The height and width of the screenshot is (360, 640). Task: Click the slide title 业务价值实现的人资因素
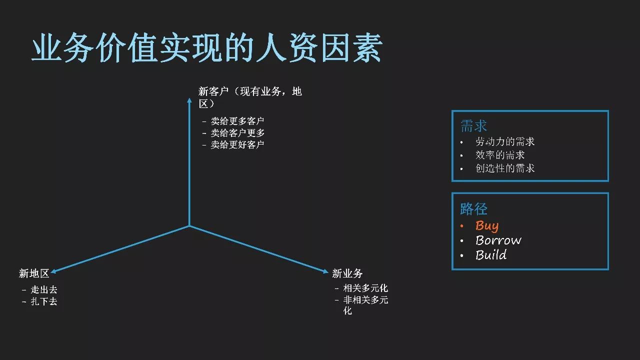click(207, 49)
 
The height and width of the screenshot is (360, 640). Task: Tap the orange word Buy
click(487, 226)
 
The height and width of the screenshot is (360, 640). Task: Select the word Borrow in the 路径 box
click(498, 240)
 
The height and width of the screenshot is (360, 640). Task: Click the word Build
click(491, 255)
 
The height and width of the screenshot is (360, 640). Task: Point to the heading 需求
click(473, 126)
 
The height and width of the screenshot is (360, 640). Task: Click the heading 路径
click(473, 209)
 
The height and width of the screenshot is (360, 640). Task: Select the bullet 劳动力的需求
click(505, 142)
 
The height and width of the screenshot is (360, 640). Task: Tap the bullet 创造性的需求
click(505, 168)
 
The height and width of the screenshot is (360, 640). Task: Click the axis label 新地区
click(34, 273)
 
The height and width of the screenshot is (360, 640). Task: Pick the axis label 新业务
click(347, 273)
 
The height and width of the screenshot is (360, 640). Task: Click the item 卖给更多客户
click(237, 121)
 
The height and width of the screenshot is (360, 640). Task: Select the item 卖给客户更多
click(237, 133)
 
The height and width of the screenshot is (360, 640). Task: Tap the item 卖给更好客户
click(237, 145)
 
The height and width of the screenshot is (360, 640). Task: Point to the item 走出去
click(44, 290)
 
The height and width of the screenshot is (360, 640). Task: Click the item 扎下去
click(44, 302)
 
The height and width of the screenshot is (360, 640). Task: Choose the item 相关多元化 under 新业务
click(365, 288)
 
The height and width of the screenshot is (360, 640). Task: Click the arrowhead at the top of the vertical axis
click(189, 100)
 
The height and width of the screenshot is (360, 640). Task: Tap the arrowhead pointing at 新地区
click(53, 271)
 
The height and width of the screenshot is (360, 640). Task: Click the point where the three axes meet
click(189, 226)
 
